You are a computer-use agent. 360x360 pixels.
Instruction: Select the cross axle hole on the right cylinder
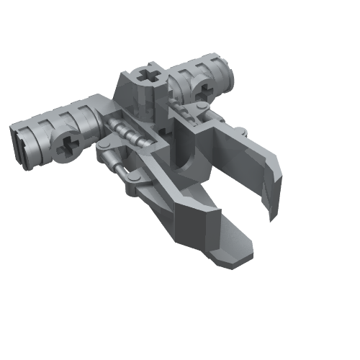click(202, 89)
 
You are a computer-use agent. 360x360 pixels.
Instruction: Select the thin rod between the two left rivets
click(119, 163)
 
